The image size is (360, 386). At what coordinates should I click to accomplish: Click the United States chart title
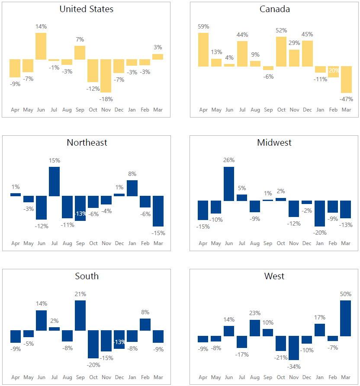tap(87, 9)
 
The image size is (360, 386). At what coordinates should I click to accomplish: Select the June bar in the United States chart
tap(41, 46)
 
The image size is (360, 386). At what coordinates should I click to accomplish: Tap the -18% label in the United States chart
tap(106, 99)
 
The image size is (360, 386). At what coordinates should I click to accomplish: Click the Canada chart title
tap(275, 9)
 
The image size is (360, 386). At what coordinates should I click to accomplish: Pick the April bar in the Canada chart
tap(203, 49)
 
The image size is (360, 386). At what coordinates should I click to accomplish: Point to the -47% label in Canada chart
tap(346, 99)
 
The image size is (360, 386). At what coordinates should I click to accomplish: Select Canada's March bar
tap(346, 80)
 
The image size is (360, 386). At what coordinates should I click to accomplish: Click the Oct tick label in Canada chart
tap(281, 110)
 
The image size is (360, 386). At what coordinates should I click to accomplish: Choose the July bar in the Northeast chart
tap(54, 182)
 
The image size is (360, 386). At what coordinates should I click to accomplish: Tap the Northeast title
tap(87, 143)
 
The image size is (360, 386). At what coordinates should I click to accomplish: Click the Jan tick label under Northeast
tap(132, 243)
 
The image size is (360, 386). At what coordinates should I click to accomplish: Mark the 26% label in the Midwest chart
tap(229, 160)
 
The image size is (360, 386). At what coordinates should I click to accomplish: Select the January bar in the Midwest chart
tap(320, 214)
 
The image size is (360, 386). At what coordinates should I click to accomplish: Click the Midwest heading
tap(274, 143)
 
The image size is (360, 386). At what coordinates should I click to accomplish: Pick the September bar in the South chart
tap(80, 316)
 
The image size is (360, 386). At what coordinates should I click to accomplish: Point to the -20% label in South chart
tap(93, 365)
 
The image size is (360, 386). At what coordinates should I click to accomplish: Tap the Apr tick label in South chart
tap(16, 377)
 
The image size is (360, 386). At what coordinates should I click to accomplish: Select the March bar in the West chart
tap(345, 318)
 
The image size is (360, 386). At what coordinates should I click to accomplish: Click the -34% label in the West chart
tap(294, 367)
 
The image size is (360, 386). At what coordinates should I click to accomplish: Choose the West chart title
tap(274, 276)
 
